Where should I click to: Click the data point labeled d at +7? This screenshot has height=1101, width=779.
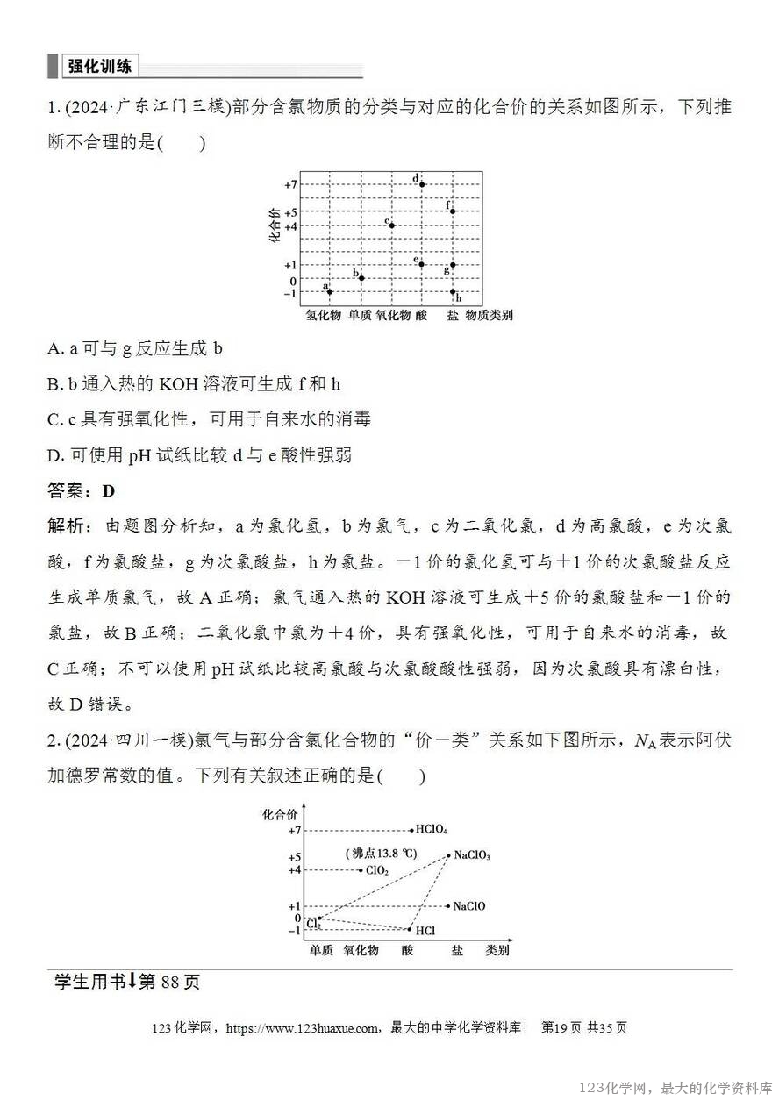(422, 184)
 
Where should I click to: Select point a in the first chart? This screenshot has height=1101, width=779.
(330, 291)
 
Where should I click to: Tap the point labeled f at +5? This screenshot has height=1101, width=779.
(453, 211)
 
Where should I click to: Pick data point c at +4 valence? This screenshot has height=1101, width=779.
(391, 225)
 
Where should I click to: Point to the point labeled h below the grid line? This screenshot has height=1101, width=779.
(453, 292)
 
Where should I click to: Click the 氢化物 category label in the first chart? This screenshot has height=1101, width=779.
(323, 315)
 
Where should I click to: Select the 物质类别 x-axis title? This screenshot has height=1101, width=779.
(489, 315)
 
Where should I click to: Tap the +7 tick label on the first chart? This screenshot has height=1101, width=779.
(290, 184)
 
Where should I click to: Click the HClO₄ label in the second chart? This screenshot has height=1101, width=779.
(432, 829)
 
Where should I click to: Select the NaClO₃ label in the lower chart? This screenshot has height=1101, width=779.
(472, 855)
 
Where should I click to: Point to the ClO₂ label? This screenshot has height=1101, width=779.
(377, 870)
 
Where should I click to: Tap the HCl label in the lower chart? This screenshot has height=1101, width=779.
(425, 930)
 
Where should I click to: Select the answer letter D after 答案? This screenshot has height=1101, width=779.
(109, 491)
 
